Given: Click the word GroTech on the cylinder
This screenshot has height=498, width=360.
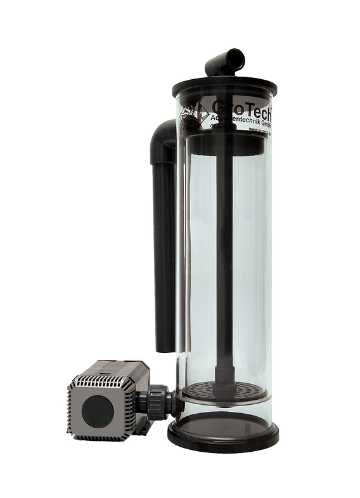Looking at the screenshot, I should [x=241, y=105].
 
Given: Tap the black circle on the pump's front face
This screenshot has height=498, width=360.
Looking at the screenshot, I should [x=97, y=411].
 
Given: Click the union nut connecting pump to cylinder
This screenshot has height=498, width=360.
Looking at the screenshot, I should [x=157, y=404].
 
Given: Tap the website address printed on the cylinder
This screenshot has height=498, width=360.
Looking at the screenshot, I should [x=257, y=129].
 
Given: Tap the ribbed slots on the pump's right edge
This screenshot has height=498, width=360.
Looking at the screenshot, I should [x=131, y=412].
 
